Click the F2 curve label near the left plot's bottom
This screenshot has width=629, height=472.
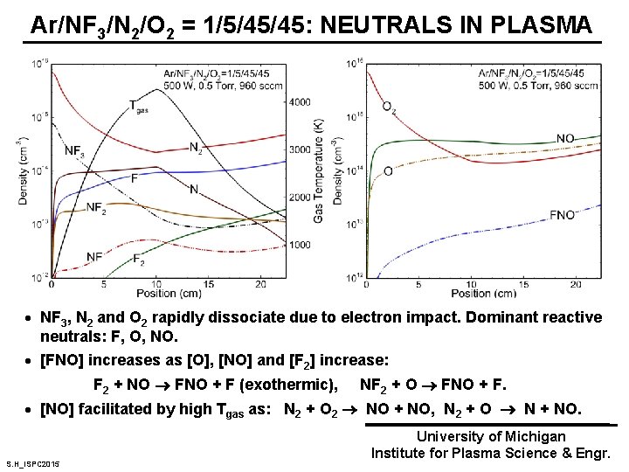[138, 259]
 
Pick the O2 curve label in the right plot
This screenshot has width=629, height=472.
[388, 107]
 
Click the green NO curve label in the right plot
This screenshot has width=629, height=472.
[566, 138]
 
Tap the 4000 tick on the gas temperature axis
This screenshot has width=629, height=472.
[300, 103]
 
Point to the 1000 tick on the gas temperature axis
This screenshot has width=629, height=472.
[300, 245]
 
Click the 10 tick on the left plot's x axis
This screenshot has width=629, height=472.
[156, 284]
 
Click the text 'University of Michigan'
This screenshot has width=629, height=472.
[491, 436]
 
